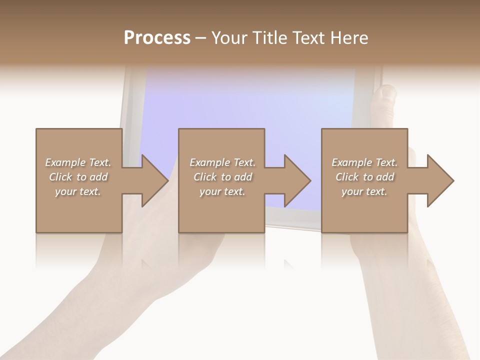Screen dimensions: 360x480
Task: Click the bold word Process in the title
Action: [x=157, y=38]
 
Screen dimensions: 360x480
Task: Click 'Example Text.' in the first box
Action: [x=78, y=162]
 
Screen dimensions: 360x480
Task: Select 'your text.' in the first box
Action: [x=78, y=191]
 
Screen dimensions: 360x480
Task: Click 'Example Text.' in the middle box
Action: [x=222, y=162]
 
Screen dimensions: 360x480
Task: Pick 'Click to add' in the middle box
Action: [x=222, y=177]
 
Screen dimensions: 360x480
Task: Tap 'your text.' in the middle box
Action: [x=222, y=191]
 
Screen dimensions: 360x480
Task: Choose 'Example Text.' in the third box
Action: [x=364, y=162]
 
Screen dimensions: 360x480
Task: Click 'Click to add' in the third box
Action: [x=364, y=177]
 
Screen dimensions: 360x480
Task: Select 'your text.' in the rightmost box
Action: [x=364, y=191]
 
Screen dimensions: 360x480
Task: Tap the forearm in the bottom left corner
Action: [x=75, y=320]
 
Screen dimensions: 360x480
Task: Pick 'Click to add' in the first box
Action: [x=78, y=177]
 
